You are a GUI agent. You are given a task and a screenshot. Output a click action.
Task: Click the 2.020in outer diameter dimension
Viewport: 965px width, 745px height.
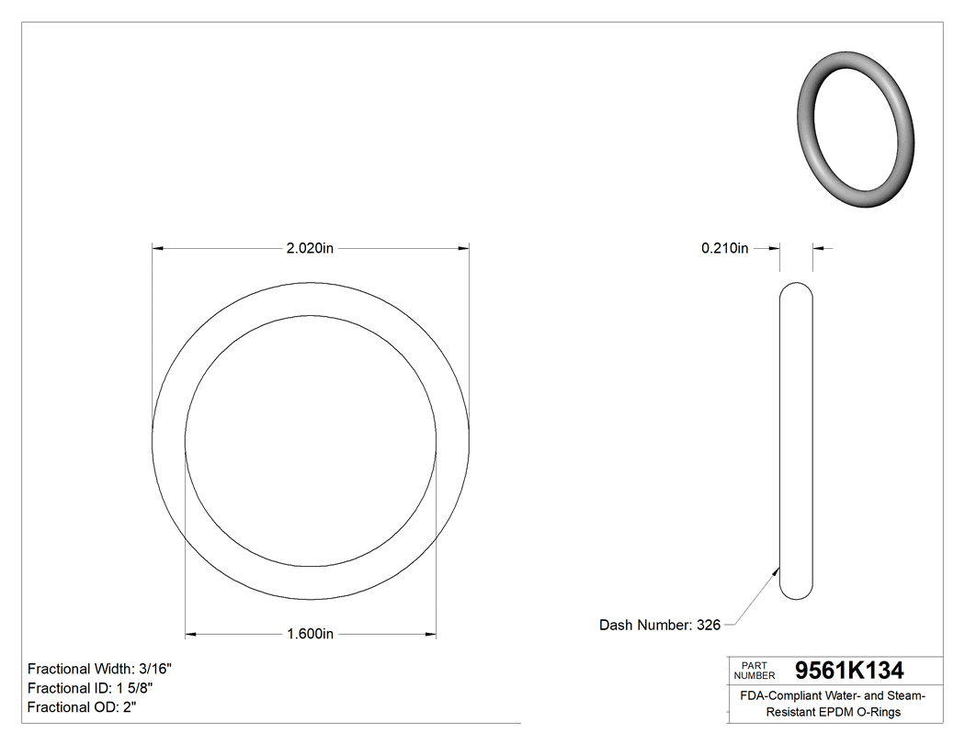click(x=310, y=248)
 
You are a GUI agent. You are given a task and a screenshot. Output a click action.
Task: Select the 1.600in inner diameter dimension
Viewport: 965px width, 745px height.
click(x=310, y=634)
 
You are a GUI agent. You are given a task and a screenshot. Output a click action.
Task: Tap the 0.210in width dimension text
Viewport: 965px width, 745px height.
click(x=724, y=248)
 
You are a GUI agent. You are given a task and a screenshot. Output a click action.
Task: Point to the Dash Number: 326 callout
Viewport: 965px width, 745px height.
click(x=659, y=626)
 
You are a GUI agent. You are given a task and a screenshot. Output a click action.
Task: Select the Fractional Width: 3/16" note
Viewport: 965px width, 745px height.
click(x=100, y=670)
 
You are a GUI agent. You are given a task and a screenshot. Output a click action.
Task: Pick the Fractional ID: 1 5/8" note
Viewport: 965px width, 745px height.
click(x=90, y=688)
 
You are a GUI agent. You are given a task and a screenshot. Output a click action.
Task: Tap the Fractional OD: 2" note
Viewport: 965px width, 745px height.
click(x=83, y=707)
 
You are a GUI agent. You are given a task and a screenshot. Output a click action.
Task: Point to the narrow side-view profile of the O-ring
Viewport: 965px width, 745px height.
click(x=796, y=441)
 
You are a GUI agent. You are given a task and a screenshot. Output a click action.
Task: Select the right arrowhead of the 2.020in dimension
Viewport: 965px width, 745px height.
click(x=463, y=248)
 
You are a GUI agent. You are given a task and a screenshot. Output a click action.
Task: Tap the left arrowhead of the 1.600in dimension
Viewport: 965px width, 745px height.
click(x=191, y=634)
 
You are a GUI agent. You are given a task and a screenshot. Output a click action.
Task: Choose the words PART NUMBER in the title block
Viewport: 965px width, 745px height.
click(x=755, y=671)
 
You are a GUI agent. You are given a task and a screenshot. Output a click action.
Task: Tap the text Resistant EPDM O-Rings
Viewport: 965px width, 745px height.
click(x=834, y=712)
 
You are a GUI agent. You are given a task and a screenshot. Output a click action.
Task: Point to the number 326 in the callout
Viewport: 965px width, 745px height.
click(x=708, y=626)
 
